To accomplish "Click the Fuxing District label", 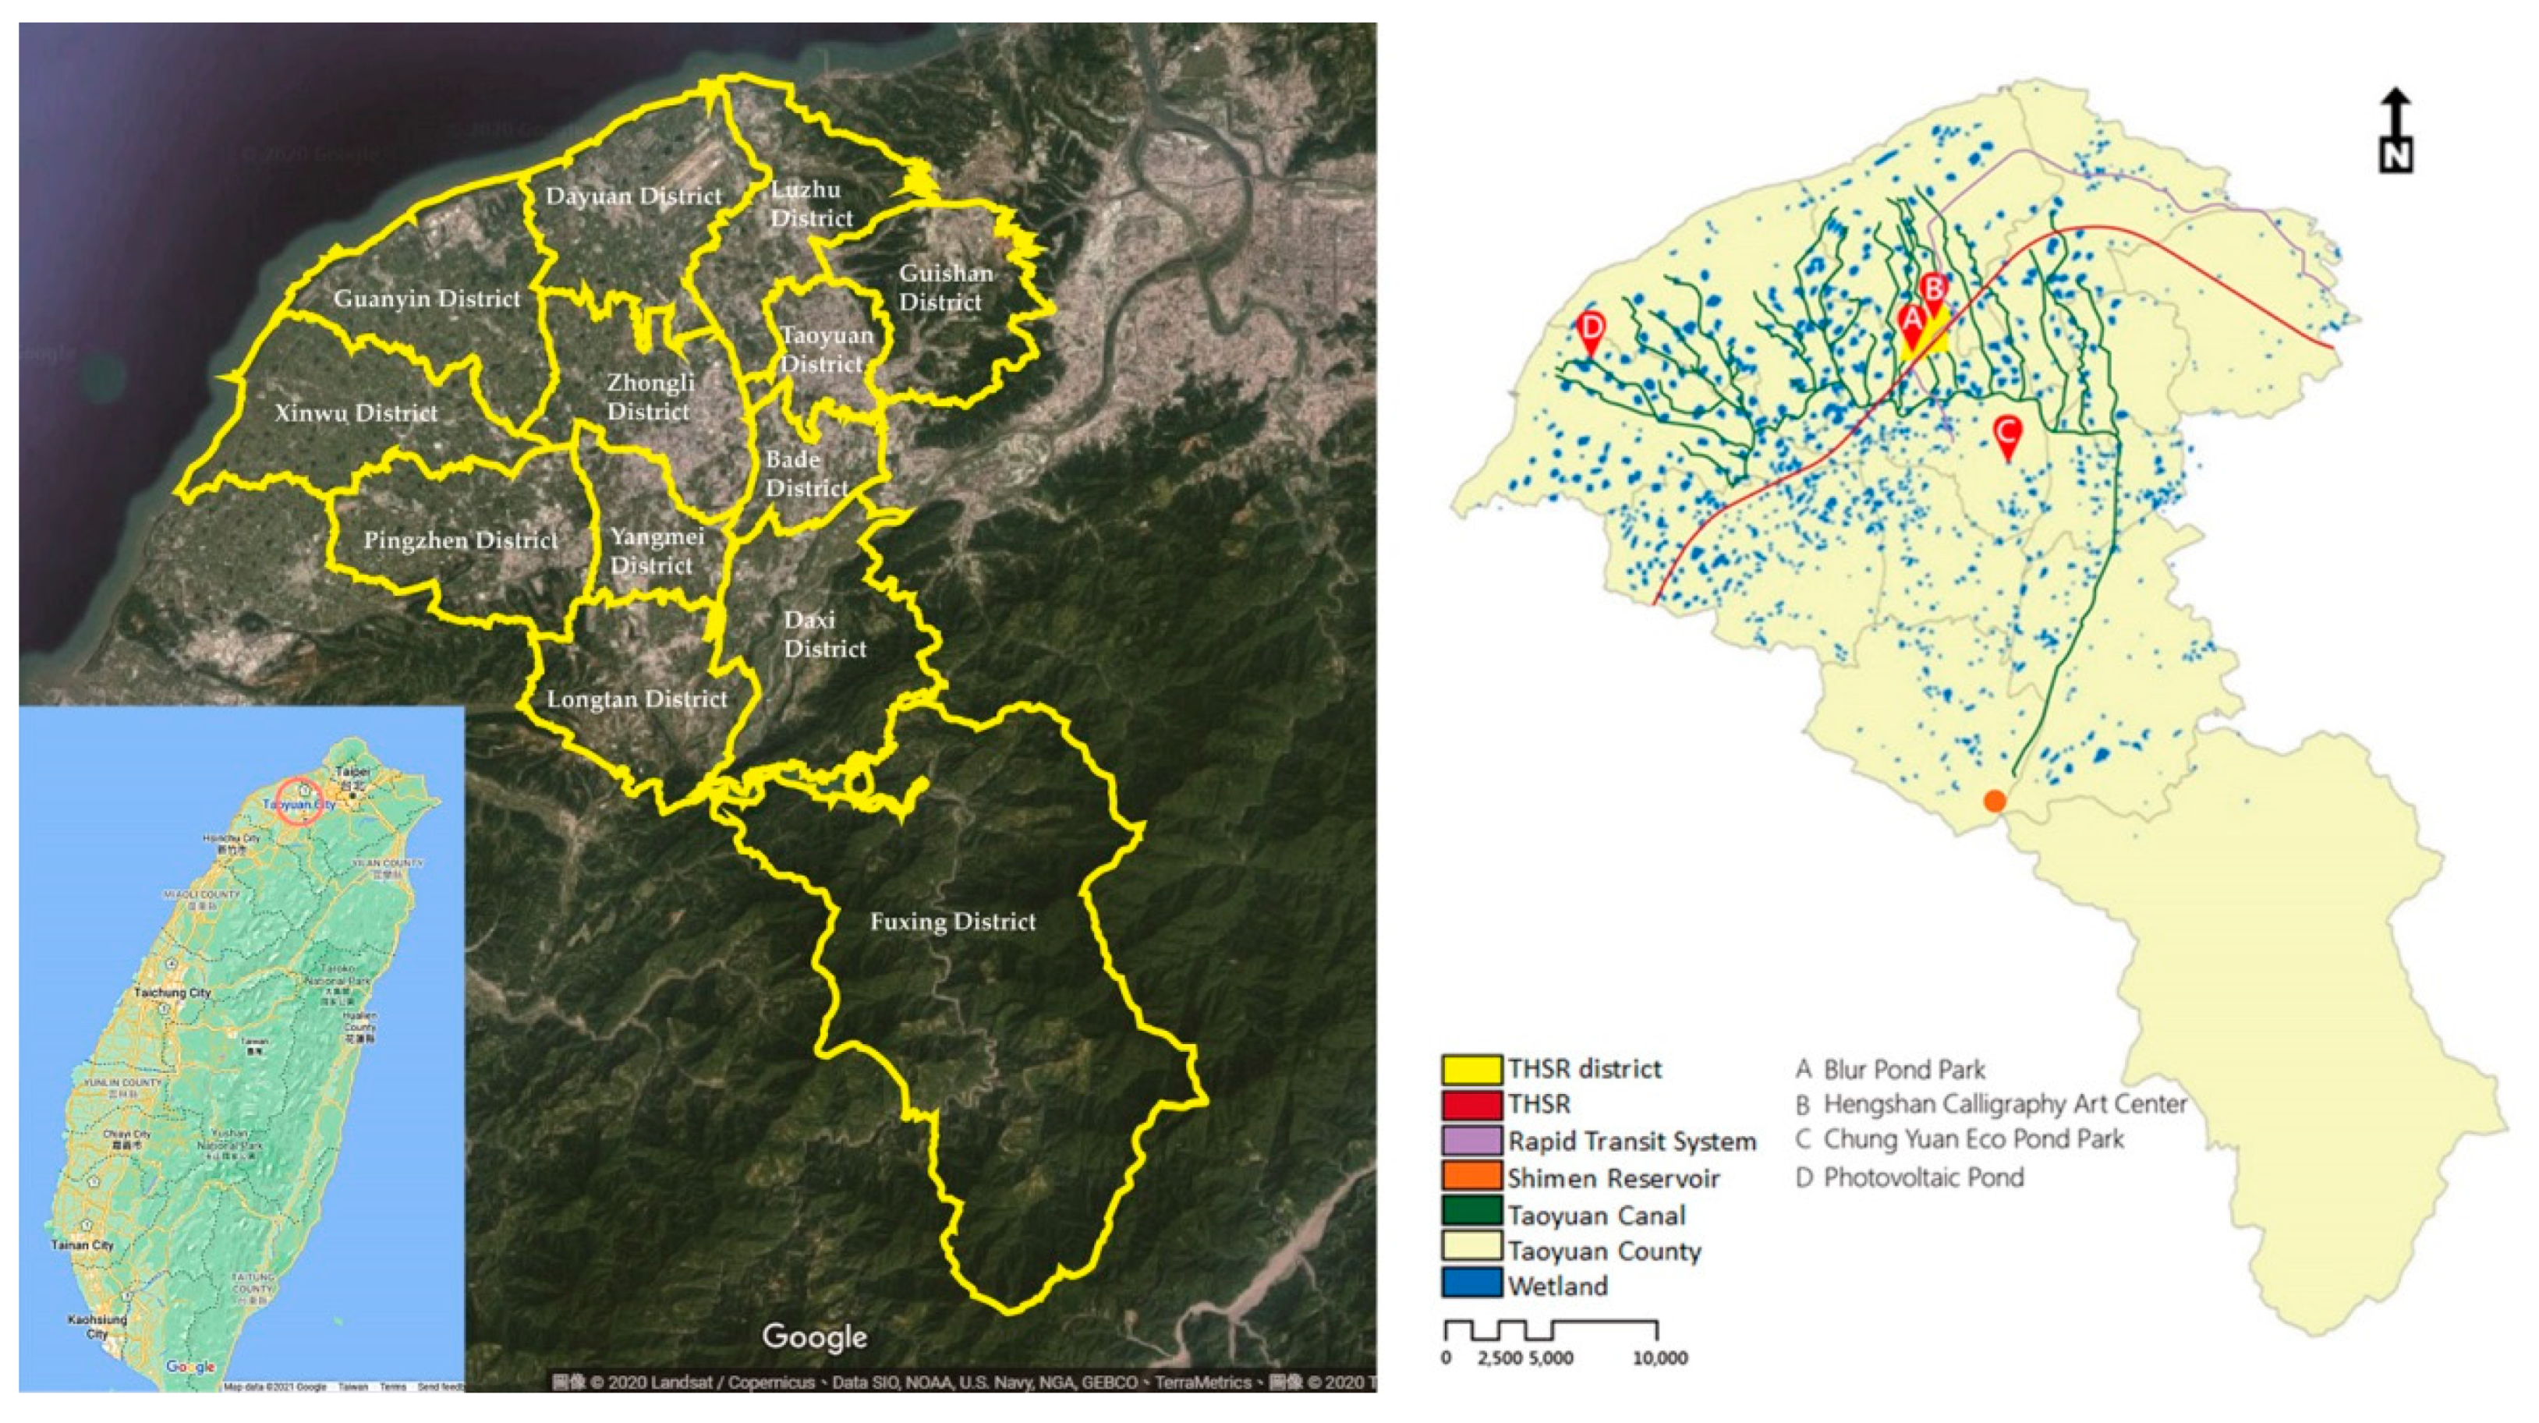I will [952, 922].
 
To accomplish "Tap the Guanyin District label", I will [427, 299].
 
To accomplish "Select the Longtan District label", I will [637, 699].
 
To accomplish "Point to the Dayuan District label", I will [634, 196].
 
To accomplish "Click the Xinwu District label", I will [356, 413].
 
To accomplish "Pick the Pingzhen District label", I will [460, 540].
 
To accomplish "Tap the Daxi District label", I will [825, 635].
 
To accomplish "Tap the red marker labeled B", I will [1934, 292].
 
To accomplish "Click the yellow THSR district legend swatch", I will [1471, 1069].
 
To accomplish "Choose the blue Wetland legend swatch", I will [1471, 1285].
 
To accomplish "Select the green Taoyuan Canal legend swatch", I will [1471, 1214].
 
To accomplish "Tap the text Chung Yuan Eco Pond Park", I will [1972, 1139].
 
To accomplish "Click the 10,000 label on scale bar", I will [1660, 1358].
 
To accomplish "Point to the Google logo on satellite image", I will [814, 1337].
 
